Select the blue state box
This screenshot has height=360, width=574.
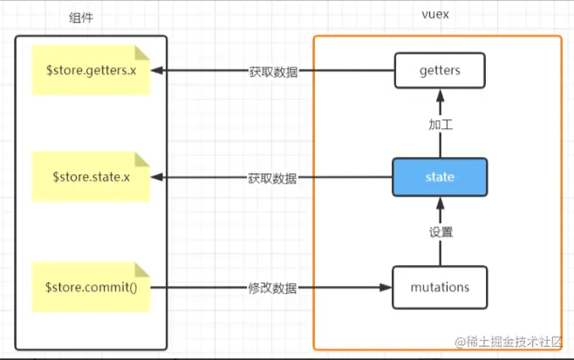(439, 177)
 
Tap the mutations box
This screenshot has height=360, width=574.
(439, 287)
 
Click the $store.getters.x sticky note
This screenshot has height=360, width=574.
(91, 69)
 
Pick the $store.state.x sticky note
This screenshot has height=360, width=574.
(91, 177)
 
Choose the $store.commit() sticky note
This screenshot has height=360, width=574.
(91, 287)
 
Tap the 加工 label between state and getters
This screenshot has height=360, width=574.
(440, 125)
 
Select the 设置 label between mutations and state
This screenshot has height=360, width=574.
(440, 233)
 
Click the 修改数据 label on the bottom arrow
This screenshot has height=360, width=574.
(272, 287)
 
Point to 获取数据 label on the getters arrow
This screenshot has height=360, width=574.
(272, 71)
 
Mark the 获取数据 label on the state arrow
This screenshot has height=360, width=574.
(272, 179)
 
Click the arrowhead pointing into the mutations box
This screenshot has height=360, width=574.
(387, 287)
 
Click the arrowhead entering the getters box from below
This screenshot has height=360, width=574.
(439, 92)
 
